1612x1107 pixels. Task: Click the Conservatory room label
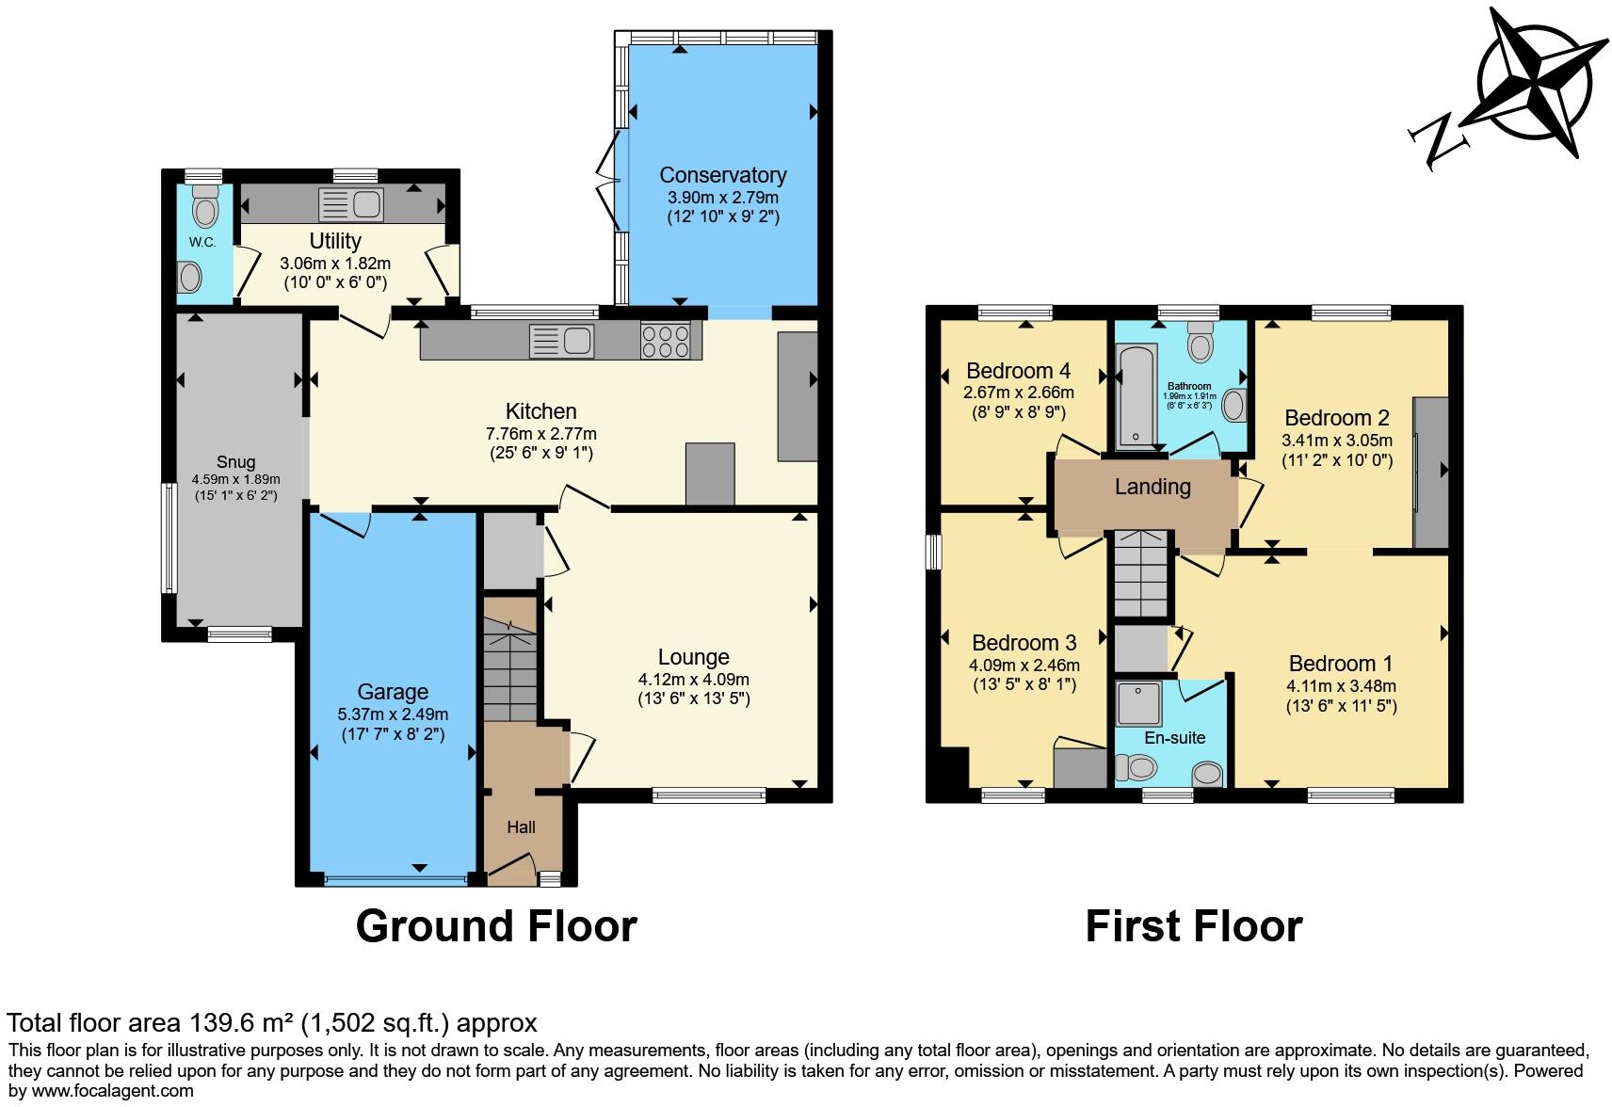coord(722,175)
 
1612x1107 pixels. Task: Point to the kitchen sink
coord(561,341)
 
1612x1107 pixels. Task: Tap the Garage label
coord(393,692)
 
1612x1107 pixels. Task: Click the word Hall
coord(521,826)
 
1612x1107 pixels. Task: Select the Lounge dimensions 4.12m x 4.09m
coord(693,680)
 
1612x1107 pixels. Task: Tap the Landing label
coord(1153,487)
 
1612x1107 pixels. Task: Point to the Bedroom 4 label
coord(1018,371)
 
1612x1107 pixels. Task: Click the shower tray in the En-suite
coord(1140,702)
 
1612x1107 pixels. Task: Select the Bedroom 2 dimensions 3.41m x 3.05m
coord(1336,440)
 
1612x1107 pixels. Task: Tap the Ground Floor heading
coord(496,926)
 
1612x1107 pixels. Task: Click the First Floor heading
coord(1193,926)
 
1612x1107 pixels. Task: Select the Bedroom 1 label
coord(1340,664)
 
